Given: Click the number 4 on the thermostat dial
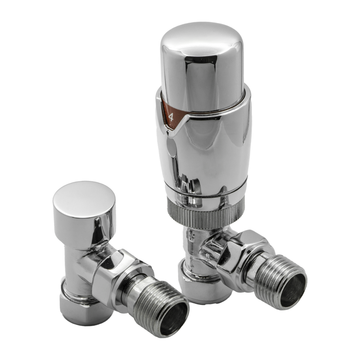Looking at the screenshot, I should coord(171,118).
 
